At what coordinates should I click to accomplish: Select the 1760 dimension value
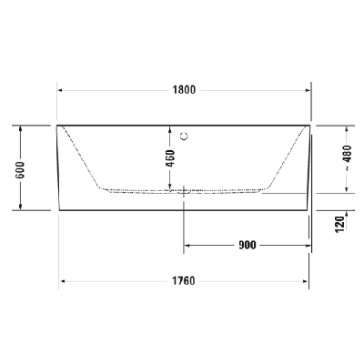coord(185,280)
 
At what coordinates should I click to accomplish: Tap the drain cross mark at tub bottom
coord(184,190)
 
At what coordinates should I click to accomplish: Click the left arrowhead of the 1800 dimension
coord(61,89)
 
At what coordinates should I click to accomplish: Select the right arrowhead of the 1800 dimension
coord(308,89)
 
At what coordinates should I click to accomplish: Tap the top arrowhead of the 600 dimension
coord(20,127)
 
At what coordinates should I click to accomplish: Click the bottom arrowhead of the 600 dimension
coord(20,207)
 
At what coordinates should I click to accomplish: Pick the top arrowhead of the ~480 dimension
coord(347,126)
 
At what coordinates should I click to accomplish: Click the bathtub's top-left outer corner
coord(57,125)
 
